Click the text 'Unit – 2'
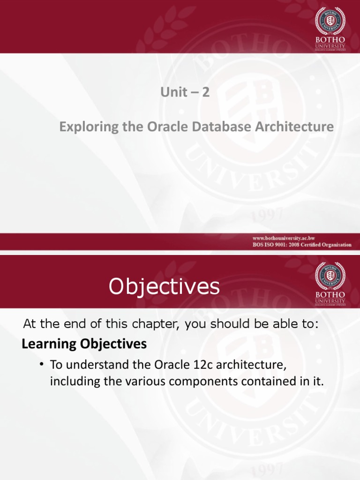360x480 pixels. click(x=184, y=93)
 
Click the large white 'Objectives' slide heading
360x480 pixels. click(x=164, y=286)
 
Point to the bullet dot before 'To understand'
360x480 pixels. click(x=42, y=365)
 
